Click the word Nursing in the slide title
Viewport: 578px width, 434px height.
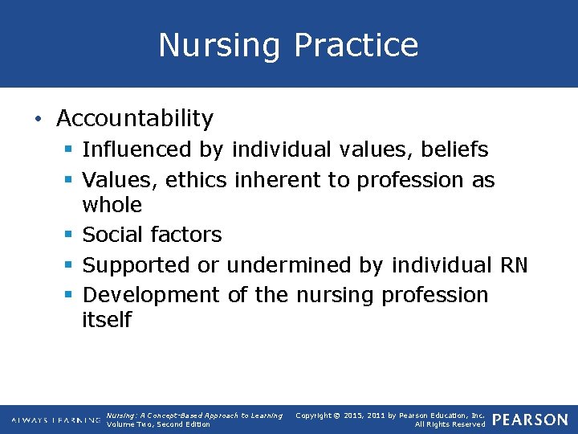(x=219, y=45)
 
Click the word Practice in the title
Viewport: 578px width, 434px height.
(x=356, y=45)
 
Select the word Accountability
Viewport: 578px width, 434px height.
(x=135, y=119)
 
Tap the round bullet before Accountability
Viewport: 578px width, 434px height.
(x=38, y=119)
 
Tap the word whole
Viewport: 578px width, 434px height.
(x=112, y=205)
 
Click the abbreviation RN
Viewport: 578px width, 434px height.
(x=513, y=265)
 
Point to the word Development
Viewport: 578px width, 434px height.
(x=151, y=295)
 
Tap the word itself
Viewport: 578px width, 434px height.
(x=106, y=320)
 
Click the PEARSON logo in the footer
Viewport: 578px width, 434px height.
(x=530, y=420)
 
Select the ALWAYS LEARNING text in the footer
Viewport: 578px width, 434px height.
(x=55, y=420)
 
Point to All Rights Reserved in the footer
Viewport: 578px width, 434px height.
(x=450, y=424)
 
